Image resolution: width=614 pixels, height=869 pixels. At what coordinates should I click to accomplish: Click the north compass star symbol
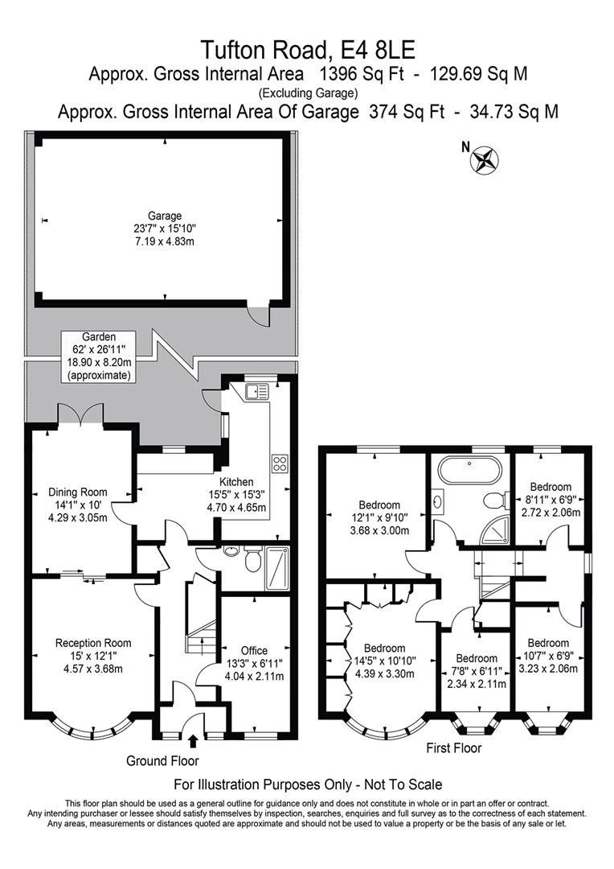point(485,160)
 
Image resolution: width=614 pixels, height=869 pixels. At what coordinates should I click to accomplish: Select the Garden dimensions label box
point(99,356)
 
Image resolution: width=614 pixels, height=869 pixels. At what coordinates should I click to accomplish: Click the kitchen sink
point(256,391)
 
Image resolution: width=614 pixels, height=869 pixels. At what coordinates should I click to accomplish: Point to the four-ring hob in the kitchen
point(280,463)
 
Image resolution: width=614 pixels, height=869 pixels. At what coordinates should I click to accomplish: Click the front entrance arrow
point(193,741)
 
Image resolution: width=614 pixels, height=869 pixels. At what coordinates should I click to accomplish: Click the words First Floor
point(453,748)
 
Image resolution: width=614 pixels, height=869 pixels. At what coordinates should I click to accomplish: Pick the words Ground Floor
point(162,761)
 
